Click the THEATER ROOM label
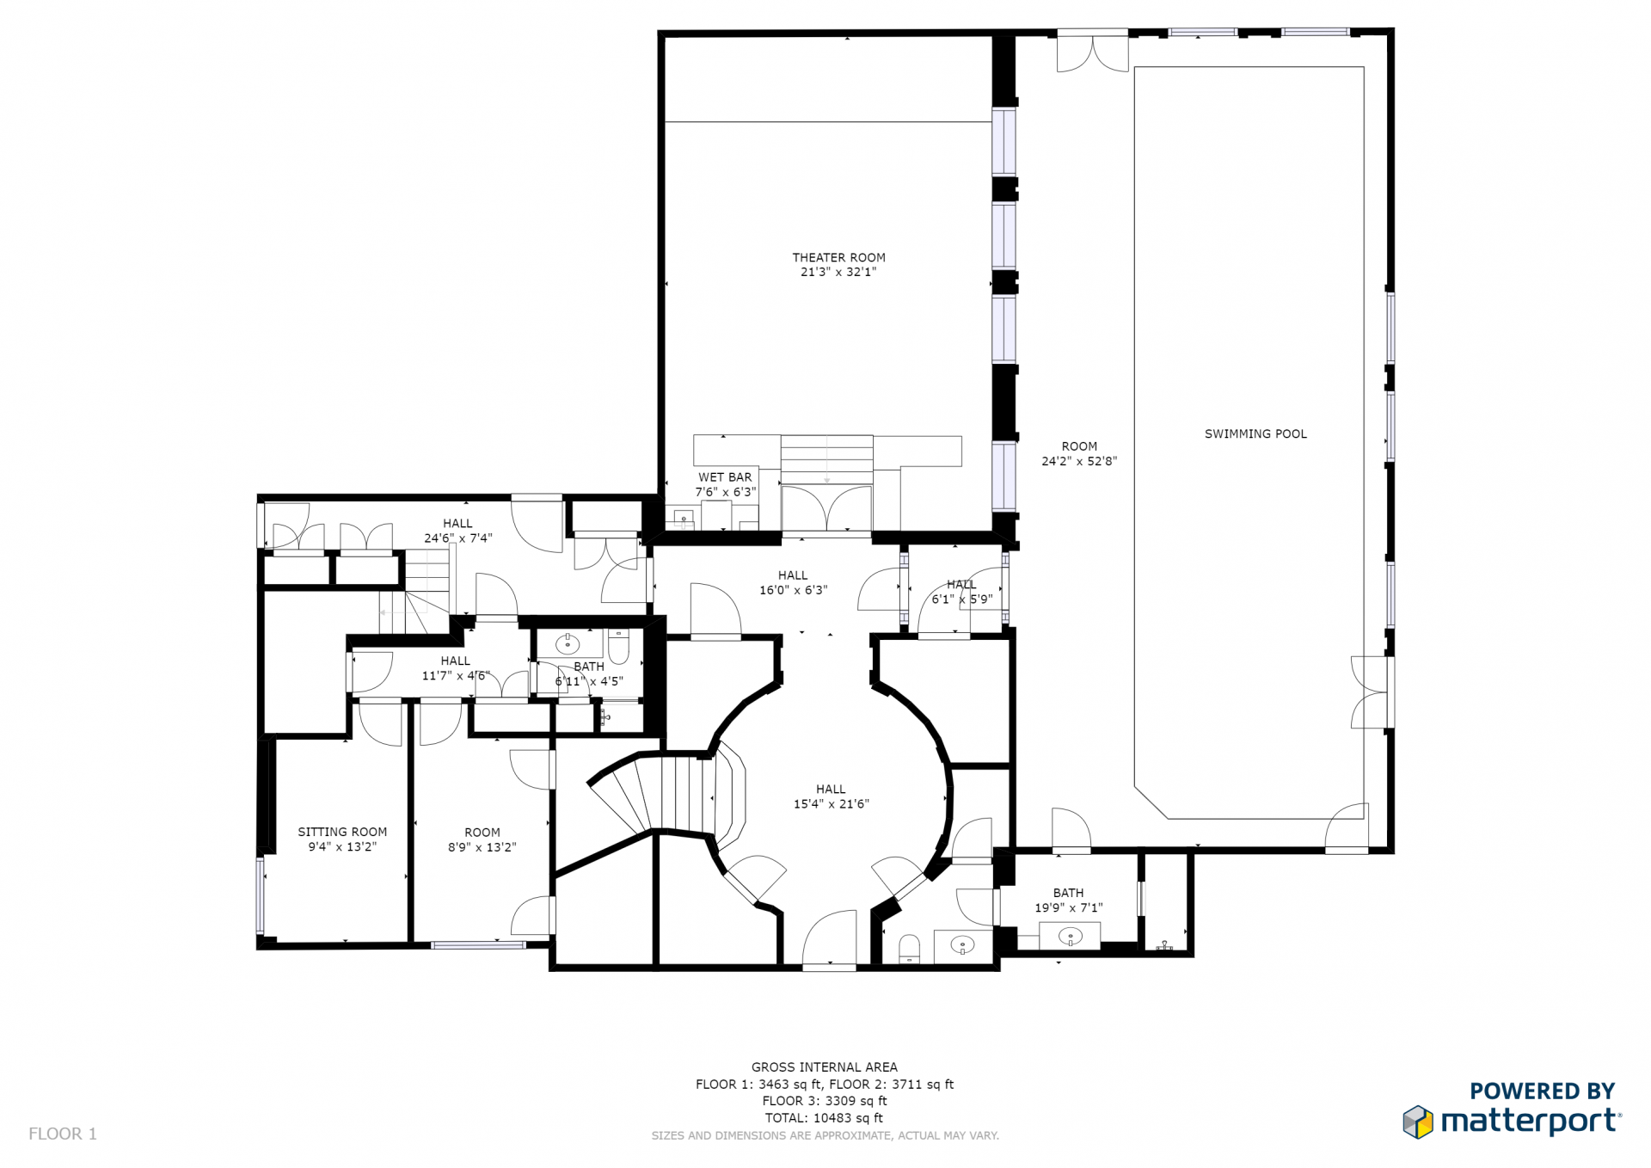(x=838, y=257)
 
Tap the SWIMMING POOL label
(x=1255, y=434)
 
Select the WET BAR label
(x=725, y=477)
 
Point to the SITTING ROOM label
(x=342, y=832)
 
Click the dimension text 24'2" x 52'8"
(x=1079, y=461)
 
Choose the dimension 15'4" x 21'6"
(x=831, y=804)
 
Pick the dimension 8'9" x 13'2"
(x=482, y=847)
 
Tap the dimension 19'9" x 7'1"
(x=1068, y=907)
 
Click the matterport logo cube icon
(x=1418, y=1122)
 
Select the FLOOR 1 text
(x=63, y=1134)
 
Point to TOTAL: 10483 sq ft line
(x=824, y=1118)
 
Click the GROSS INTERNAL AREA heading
(x=824, y=1067)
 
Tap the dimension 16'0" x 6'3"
(x=793, y=590)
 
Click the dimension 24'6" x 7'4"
(x=457, y=538)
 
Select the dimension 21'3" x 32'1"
(x=838, y=272)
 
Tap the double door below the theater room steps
(x=826, y=508)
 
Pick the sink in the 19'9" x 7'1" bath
(x=1070, y=936)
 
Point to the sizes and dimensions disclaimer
(x=825, y=1136)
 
